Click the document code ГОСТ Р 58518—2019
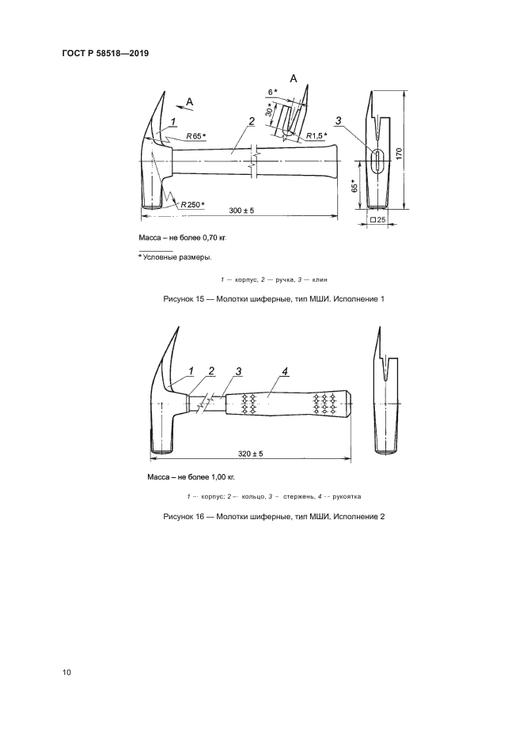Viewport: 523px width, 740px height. (x=105, y=53)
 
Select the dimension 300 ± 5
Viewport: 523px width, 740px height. (x=241, y=211)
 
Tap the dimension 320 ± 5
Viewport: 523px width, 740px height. (x=250, y=454)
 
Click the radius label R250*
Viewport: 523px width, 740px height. (x=192, y=204)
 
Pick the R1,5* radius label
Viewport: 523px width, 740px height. (x=316, y=136)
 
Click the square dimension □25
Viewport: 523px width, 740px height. (x=377, y=219)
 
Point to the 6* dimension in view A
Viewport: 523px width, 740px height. (x=271, y=93)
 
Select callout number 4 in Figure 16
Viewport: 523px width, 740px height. (x=284, y=372)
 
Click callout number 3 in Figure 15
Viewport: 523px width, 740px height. (x=338, y=121)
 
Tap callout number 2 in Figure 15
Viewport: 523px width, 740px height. (x=252, y=121)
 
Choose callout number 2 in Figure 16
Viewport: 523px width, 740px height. (x=211, y=371)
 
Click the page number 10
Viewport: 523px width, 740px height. (x=66, y=673)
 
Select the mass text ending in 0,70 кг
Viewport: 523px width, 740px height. (x=183, y=238)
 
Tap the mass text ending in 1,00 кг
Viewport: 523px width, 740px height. (x=191, y=477)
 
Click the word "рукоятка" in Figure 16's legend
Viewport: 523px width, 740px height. (x=347, y=496)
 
